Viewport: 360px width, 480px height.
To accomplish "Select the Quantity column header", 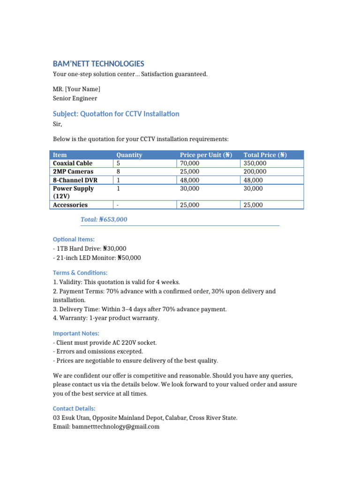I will click(129, 155).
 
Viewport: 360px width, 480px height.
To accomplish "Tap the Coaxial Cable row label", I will click(73, 163).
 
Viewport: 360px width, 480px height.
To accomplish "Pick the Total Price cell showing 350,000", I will click(255, 163).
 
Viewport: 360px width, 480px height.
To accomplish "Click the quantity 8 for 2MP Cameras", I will click(118, 172).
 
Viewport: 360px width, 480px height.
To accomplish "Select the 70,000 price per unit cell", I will click(189, 163).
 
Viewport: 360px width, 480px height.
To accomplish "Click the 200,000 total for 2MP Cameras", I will click(255, 172).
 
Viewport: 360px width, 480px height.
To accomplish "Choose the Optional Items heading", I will click(74, 239).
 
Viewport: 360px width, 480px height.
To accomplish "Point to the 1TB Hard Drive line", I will click(90, 248).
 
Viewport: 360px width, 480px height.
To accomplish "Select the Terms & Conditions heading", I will click(80, 273).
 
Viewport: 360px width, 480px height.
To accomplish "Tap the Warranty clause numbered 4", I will click(106, 318).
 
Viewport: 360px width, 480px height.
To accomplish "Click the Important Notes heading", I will click(76, 333).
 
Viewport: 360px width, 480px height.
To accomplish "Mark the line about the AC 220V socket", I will click(105, 343).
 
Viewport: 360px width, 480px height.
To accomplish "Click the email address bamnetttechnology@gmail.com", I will click(115, 427).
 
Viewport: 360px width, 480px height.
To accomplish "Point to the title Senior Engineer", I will click(75, 98).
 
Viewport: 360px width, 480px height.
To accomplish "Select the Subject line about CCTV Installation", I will click(116, 114).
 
